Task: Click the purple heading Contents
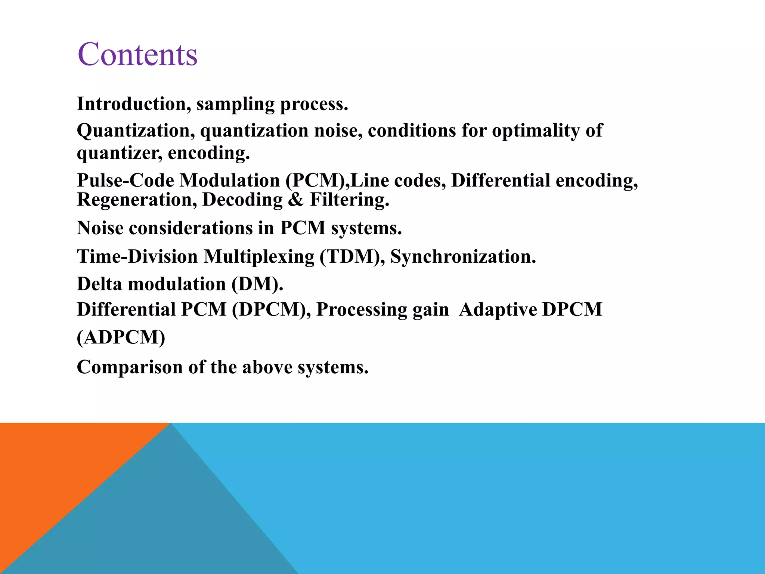click(x=137, y=55)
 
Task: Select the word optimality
click(x=536, y=131)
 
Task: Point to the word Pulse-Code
click(x=126, y=180)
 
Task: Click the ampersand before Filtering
click(x=296, y=200)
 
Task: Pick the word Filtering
click(x=350, y=200)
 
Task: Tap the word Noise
click(x=100, y=228)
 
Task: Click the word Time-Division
click(x=137, y=257)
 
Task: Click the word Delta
click(x=99, y=284)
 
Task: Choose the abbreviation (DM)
click(x=257, y=284)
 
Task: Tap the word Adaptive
click(x=498, y=310)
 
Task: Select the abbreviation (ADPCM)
click(x=121, y=337)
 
